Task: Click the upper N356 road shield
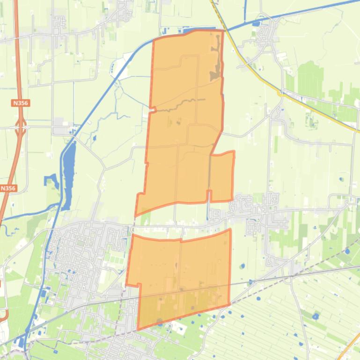pyautogui.click(x=20, y=102)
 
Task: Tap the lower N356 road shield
pyautogui.click(x=8, y=188)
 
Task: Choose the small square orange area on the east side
pyautogui.click(x=222, y=177)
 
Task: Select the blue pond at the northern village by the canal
pyautogui.click(x=256, y=23)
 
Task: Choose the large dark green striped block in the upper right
pyautogui.click(x=311, y=79)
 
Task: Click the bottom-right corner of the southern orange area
pyautogui.click(x=230, y=305)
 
